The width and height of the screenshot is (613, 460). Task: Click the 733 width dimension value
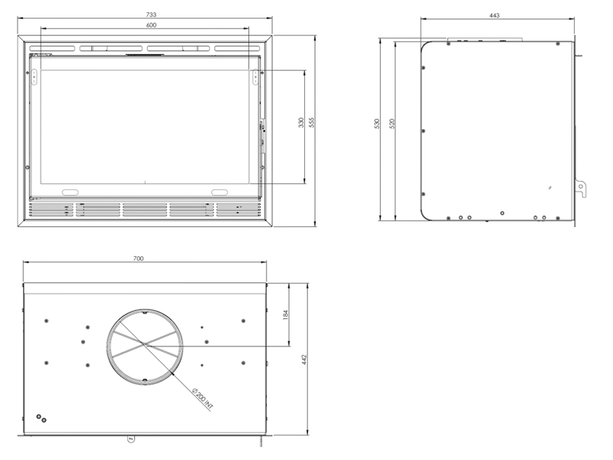(151, 15)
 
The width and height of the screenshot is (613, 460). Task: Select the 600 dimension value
(151, 25)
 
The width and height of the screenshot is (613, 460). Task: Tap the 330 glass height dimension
(300, 123)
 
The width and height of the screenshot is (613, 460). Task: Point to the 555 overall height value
(311, 123)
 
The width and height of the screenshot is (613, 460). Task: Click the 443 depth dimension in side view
(494, 15)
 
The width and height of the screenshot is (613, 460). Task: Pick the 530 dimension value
(377, 123)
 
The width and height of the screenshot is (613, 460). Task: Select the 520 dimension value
(392, 123)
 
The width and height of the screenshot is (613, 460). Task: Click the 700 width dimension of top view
(139, 258)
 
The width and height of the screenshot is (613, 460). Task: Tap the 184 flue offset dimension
(285, 314)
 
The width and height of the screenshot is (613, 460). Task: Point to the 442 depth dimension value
(304, 360)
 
